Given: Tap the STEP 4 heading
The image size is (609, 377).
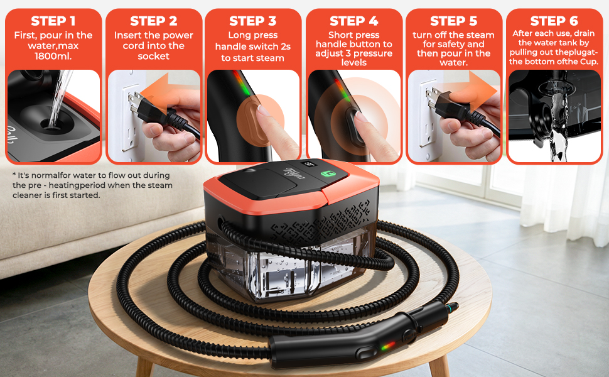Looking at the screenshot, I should (x=353, y=21).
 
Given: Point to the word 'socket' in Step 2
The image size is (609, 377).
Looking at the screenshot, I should (x=153, y=57).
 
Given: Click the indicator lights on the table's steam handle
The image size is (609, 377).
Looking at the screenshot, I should (x=387, y=346).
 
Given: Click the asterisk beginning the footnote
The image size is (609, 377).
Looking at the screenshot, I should (x=14, y=176).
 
